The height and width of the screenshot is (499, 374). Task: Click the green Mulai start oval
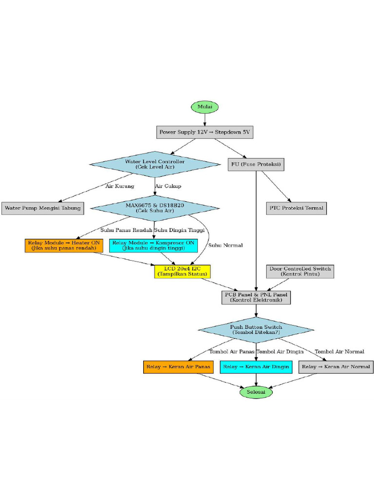click(205, 107)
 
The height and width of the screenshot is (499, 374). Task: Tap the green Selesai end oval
click(256, 392)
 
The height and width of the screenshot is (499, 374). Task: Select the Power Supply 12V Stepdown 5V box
click(205, 132)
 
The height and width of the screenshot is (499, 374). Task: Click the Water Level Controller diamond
click(155, 164)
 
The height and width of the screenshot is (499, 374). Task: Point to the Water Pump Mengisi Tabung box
click(42, 208)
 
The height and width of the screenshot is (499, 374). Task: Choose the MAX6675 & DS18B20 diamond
click(155, 208)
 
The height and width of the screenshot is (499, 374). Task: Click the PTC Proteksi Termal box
click(296, 208)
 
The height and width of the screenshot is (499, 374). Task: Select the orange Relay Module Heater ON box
click(64, 245)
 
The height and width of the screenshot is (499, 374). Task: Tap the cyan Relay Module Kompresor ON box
click(153, 245)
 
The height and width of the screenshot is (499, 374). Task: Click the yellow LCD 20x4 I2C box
click(182, 271)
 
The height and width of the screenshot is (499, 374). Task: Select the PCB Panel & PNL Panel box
click(256, 297)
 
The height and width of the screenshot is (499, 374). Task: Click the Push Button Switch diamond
click(256, 329)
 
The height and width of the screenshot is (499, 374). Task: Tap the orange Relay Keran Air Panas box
click(178, 366)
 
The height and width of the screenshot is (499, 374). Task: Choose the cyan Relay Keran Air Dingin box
click(256, 366)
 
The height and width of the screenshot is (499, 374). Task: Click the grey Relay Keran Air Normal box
click(336, 366)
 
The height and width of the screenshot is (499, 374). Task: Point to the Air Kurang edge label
click(120, 186)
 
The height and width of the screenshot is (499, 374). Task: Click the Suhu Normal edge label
click(225, 245)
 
